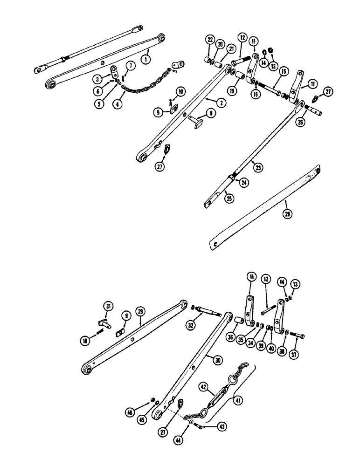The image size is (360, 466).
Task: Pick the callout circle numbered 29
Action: (140, 310)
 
